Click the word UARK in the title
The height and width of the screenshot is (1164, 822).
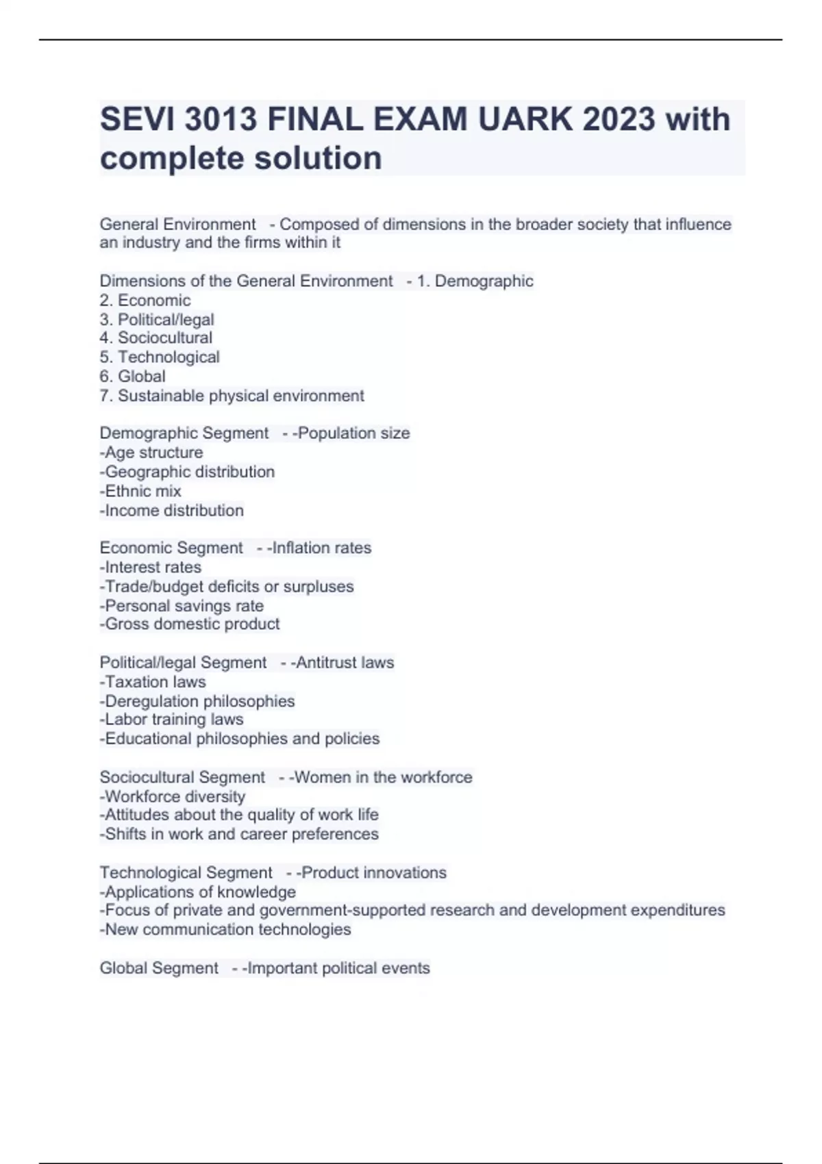524,120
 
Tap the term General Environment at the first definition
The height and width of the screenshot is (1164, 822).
177,225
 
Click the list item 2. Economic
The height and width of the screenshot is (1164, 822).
145,300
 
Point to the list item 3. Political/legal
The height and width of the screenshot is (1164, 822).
157,320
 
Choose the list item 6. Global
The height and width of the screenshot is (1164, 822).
133,376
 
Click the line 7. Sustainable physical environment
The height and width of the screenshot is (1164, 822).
232,396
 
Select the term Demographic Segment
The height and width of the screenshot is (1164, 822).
184,433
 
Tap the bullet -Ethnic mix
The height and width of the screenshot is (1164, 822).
140,491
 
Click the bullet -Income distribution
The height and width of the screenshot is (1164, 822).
171,510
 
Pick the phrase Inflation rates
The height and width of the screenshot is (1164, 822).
321,548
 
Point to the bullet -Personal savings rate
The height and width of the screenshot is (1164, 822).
182,606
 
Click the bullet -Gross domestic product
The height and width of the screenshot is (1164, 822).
190,624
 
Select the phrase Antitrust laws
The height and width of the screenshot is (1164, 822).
345,663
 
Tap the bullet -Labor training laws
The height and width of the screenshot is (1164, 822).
171,719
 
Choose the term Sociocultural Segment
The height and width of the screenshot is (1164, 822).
182,777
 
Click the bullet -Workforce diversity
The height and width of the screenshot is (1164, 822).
172,796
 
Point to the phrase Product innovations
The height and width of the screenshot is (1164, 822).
373,872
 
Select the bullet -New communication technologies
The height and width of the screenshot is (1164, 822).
225,929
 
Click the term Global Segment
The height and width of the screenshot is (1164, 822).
159,968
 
